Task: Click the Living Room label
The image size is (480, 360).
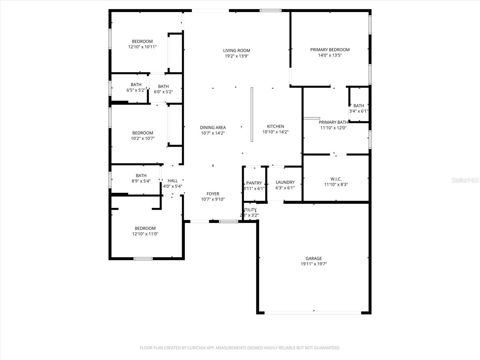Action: pos(236,50)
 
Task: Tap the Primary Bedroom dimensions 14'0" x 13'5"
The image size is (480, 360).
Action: pos(330,55)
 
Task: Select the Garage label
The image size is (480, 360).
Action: pos(313,258)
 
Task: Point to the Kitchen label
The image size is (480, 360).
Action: pos(275,126)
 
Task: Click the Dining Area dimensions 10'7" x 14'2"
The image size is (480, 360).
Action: pos(213,133)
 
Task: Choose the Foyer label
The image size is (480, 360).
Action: pos(213,194)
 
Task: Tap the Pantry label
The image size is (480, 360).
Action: pos(254,183)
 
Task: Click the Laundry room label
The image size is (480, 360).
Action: pos(285,182)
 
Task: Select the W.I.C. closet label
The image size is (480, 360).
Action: pos(336,179)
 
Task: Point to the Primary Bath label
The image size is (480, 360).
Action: pos(333,122)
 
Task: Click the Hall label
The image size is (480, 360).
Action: pos(172,181)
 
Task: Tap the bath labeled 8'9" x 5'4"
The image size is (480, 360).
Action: pos(141,178)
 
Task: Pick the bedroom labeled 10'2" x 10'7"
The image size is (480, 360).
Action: pos(142,136)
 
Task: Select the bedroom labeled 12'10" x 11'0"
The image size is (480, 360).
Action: pos(145,231)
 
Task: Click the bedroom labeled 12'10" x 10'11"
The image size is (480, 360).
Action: pos(142,44)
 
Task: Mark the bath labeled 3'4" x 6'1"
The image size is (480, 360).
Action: pos(358,108)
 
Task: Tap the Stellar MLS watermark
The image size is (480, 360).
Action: pos(465,180)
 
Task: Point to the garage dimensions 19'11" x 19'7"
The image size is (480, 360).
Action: pos(313,264)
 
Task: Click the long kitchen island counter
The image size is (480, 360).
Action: pos(252,114)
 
